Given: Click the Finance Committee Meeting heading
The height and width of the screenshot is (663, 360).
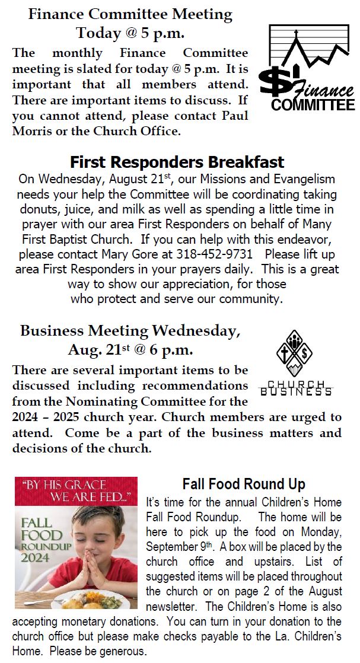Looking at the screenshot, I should point(130,22).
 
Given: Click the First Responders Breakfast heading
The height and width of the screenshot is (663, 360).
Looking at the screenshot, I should point(177,162).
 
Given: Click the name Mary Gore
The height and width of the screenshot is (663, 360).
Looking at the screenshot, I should point(142,254).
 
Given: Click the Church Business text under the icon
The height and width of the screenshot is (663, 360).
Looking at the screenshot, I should point(296,388).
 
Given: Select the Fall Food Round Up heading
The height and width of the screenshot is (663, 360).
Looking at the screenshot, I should point(244,485).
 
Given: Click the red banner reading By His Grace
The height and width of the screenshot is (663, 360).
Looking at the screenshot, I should point(76,490).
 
